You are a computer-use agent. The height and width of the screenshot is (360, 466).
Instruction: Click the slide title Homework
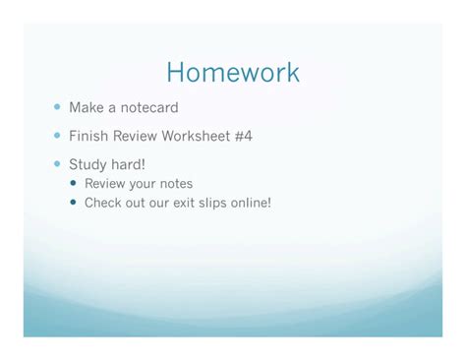coord(233,73)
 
